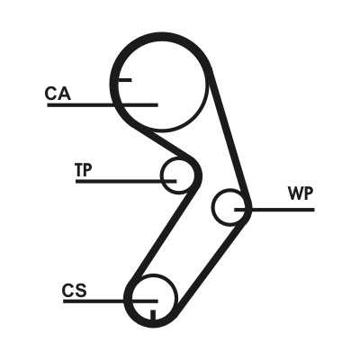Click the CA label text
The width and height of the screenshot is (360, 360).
58,94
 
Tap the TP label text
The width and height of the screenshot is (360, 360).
84,169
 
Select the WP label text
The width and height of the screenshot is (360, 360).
301,193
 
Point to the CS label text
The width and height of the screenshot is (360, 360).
75,291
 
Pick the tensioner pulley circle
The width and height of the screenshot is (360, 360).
161,175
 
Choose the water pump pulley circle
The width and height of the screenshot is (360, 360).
212,207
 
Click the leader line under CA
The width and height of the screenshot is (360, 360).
103,105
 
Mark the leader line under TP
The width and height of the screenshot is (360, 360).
126,181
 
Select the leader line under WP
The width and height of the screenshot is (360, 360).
274,210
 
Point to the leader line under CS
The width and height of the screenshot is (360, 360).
111,301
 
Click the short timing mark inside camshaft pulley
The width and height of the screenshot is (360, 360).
125,80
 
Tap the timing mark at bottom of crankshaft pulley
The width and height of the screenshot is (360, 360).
153,314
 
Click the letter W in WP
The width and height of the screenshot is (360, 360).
295,193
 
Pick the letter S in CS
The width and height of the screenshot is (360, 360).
81,291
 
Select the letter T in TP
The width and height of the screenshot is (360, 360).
79,169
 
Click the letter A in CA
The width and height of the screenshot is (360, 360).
64,94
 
